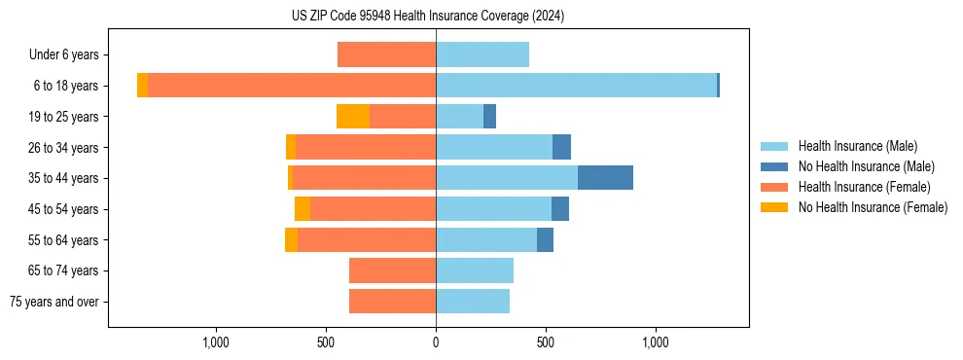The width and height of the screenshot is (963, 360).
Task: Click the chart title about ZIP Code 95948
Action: point(427,17)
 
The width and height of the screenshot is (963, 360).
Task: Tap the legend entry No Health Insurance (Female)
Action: point(872,207)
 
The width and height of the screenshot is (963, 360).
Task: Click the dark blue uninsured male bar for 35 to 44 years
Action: point(605,178)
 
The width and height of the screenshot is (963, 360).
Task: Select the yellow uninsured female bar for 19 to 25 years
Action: point(353,117)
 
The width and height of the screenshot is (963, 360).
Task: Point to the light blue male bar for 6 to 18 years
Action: point(576,86)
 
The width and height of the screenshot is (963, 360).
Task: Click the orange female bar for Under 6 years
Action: point(386,54)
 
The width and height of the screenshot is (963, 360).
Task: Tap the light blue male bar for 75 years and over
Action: point(473,302)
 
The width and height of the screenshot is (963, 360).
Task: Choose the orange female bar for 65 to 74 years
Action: point(392,270)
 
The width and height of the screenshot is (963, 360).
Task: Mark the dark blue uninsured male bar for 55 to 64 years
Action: point(545,239)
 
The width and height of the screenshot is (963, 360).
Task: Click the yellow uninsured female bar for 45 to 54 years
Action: point(303,209)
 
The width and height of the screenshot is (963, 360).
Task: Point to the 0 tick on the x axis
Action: point(436,342)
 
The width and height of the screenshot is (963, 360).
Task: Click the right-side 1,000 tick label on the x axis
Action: point(656,342)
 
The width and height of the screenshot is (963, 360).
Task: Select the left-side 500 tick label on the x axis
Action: point(326,342)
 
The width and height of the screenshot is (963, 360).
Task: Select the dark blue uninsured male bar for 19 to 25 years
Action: point(489,117)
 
